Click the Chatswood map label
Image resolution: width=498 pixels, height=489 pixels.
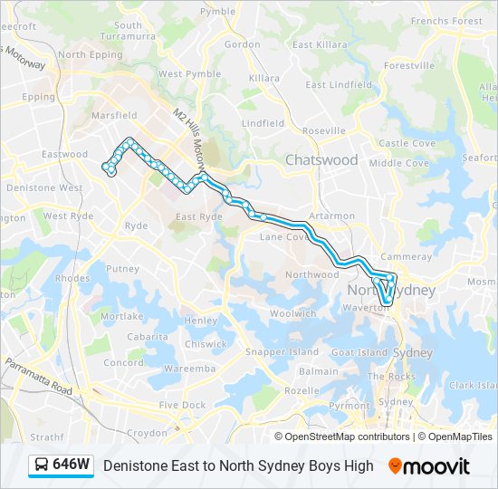(321, 160)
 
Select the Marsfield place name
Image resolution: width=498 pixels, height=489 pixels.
(114, 116)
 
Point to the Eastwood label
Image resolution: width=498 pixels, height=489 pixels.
(65, 155)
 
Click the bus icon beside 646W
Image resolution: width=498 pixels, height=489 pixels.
(42, 465)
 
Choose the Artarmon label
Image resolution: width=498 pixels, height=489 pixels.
(331, 216)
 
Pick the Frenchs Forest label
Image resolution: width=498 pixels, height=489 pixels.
(446, 21)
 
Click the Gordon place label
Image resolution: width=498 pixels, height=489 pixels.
(242, 44)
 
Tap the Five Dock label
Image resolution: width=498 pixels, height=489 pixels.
(182, 405)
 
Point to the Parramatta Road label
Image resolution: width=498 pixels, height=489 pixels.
(39, 376)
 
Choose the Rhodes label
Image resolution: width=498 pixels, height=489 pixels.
(72, 279)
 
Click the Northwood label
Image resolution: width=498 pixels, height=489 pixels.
(311, 274)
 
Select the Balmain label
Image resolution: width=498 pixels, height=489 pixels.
(319, 371)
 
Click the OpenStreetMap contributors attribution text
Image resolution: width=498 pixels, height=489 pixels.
(347, 436)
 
